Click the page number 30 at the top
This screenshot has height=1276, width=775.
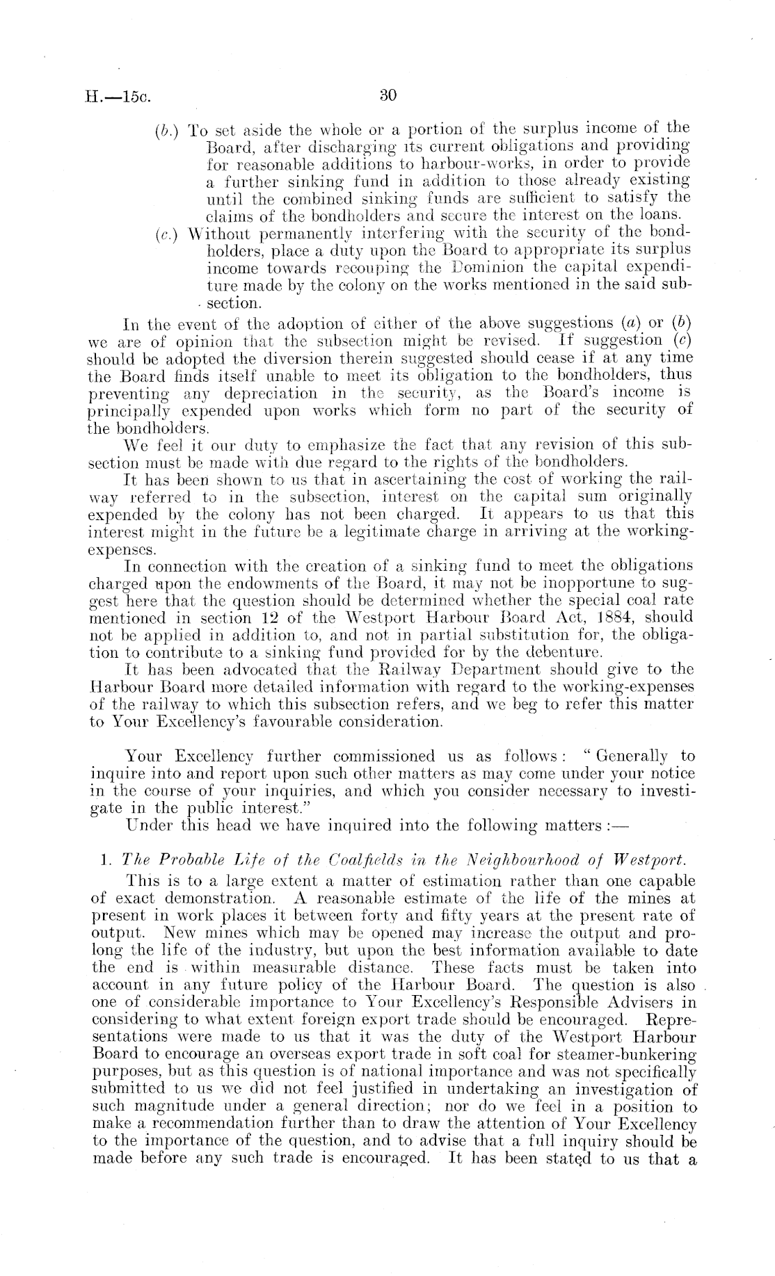pyautogui.click(x=387, y=95)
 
